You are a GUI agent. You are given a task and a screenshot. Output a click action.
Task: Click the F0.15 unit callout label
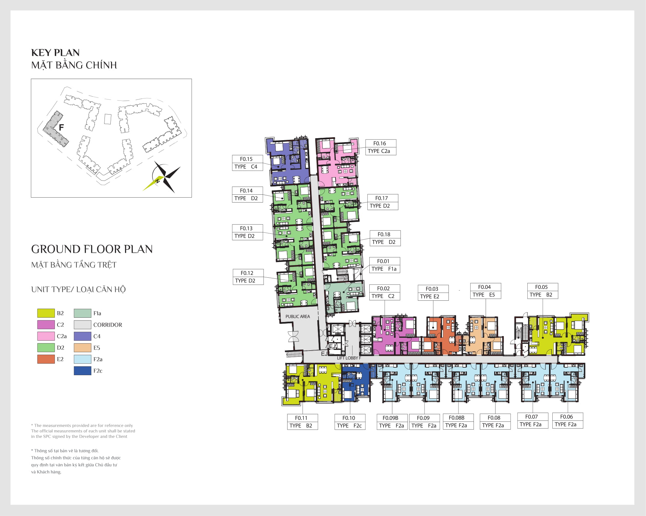click(x=247, y=163)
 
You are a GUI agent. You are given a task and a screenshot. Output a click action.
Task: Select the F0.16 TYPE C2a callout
click(x=381, y=147)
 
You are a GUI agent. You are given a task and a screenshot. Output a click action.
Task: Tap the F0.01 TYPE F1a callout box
click(x=384, y=265)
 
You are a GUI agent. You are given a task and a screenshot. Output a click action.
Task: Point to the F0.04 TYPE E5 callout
click(x=485, y=291)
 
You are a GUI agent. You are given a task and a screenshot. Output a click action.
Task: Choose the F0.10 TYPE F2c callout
click(x=350, y=422)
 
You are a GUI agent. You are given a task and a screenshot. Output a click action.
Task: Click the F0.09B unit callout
click(x=392, y=422)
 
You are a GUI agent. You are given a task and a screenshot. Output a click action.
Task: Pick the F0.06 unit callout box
click(x=567, y=420)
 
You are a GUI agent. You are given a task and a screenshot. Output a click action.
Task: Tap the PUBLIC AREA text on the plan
click(x=298, y=316)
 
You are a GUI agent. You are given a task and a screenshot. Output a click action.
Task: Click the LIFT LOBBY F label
click(x=349, y=358)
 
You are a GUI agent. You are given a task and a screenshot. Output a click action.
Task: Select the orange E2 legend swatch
click(x=46, y=359)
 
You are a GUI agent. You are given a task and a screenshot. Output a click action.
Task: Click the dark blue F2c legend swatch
click(x=82, y=371)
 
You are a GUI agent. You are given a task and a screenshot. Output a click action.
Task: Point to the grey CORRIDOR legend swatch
click(x=82, y=325)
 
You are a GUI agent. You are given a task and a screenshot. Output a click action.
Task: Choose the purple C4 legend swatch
click(x=82, y=336)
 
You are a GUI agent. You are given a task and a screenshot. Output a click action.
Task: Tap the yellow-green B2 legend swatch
click(x=46, y=313)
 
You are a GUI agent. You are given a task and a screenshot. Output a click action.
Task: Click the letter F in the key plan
click(x=61, y=127)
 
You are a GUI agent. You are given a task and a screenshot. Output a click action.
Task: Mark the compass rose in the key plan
click(x=162, y=177)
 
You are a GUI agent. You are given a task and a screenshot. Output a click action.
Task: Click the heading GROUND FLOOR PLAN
click(x=92, y=249)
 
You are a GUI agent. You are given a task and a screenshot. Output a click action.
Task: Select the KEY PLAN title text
click(x=56, y=53)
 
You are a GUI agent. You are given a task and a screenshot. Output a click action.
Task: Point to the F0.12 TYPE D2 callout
click(x=248, y=277)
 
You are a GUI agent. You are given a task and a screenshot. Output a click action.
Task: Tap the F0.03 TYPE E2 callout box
click(x=433, y=292)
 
